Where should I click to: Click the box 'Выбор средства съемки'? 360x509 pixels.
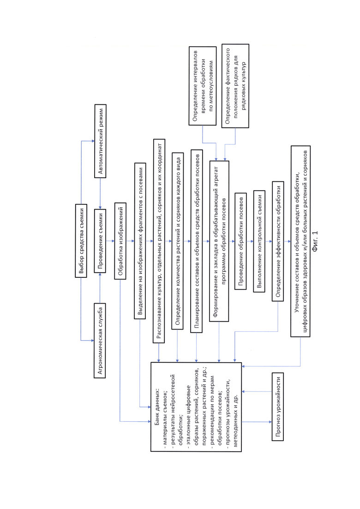click(x=81, y=241)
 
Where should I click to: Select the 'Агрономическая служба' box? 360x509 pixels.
click(x=101, y=341)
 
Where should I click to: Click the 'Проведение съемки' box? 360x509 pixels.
click(x=101, y=241)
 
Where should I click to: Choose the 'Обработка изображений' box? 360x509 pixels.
click(x=120, y=241)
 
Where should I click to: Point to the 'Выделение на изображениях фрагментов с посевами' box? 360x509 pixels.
click(x=140, y=241)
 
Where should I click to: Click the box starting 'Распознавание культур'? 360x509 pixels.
click(x=159, y=240)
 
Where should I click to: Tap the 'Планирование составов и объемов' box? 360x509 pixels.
click(x=197, y=240)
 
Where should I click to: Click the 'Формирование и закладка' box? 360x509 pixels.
click(x=220, y=240)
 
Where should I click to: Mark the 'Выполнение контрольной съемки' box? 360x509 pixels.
click(x=259, y=240)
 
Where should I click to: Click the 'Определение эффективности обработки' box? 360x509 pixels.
click(x=278, y=240)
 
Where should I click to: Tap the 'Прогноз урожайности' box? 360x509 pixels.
click(x=277, y=407)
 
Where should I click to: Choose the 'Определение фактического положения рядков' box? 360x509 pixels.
click(x=235, y=86)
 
